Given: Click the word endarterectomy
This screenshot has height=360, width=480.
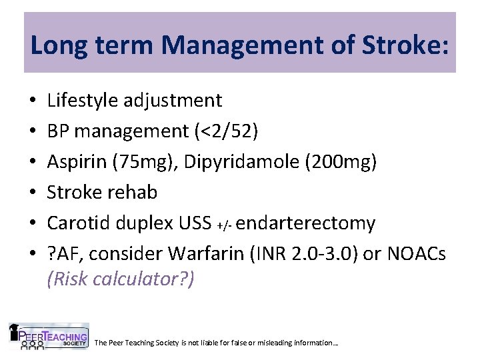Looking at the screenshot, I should (x=305, y=223).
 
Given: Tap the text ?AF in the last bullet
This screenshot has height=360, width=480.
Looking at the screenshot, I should (x=62, y=254).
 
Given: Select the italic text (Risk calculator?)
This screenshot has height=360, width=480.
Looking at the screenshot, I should (x=121, y=279).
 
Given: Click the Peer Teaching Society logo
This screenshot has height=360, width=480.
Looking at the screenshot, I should (x=48, y=337).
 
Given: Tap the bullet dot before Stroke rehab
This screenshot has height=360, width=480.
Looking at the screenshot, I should (x=33, y=193).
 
